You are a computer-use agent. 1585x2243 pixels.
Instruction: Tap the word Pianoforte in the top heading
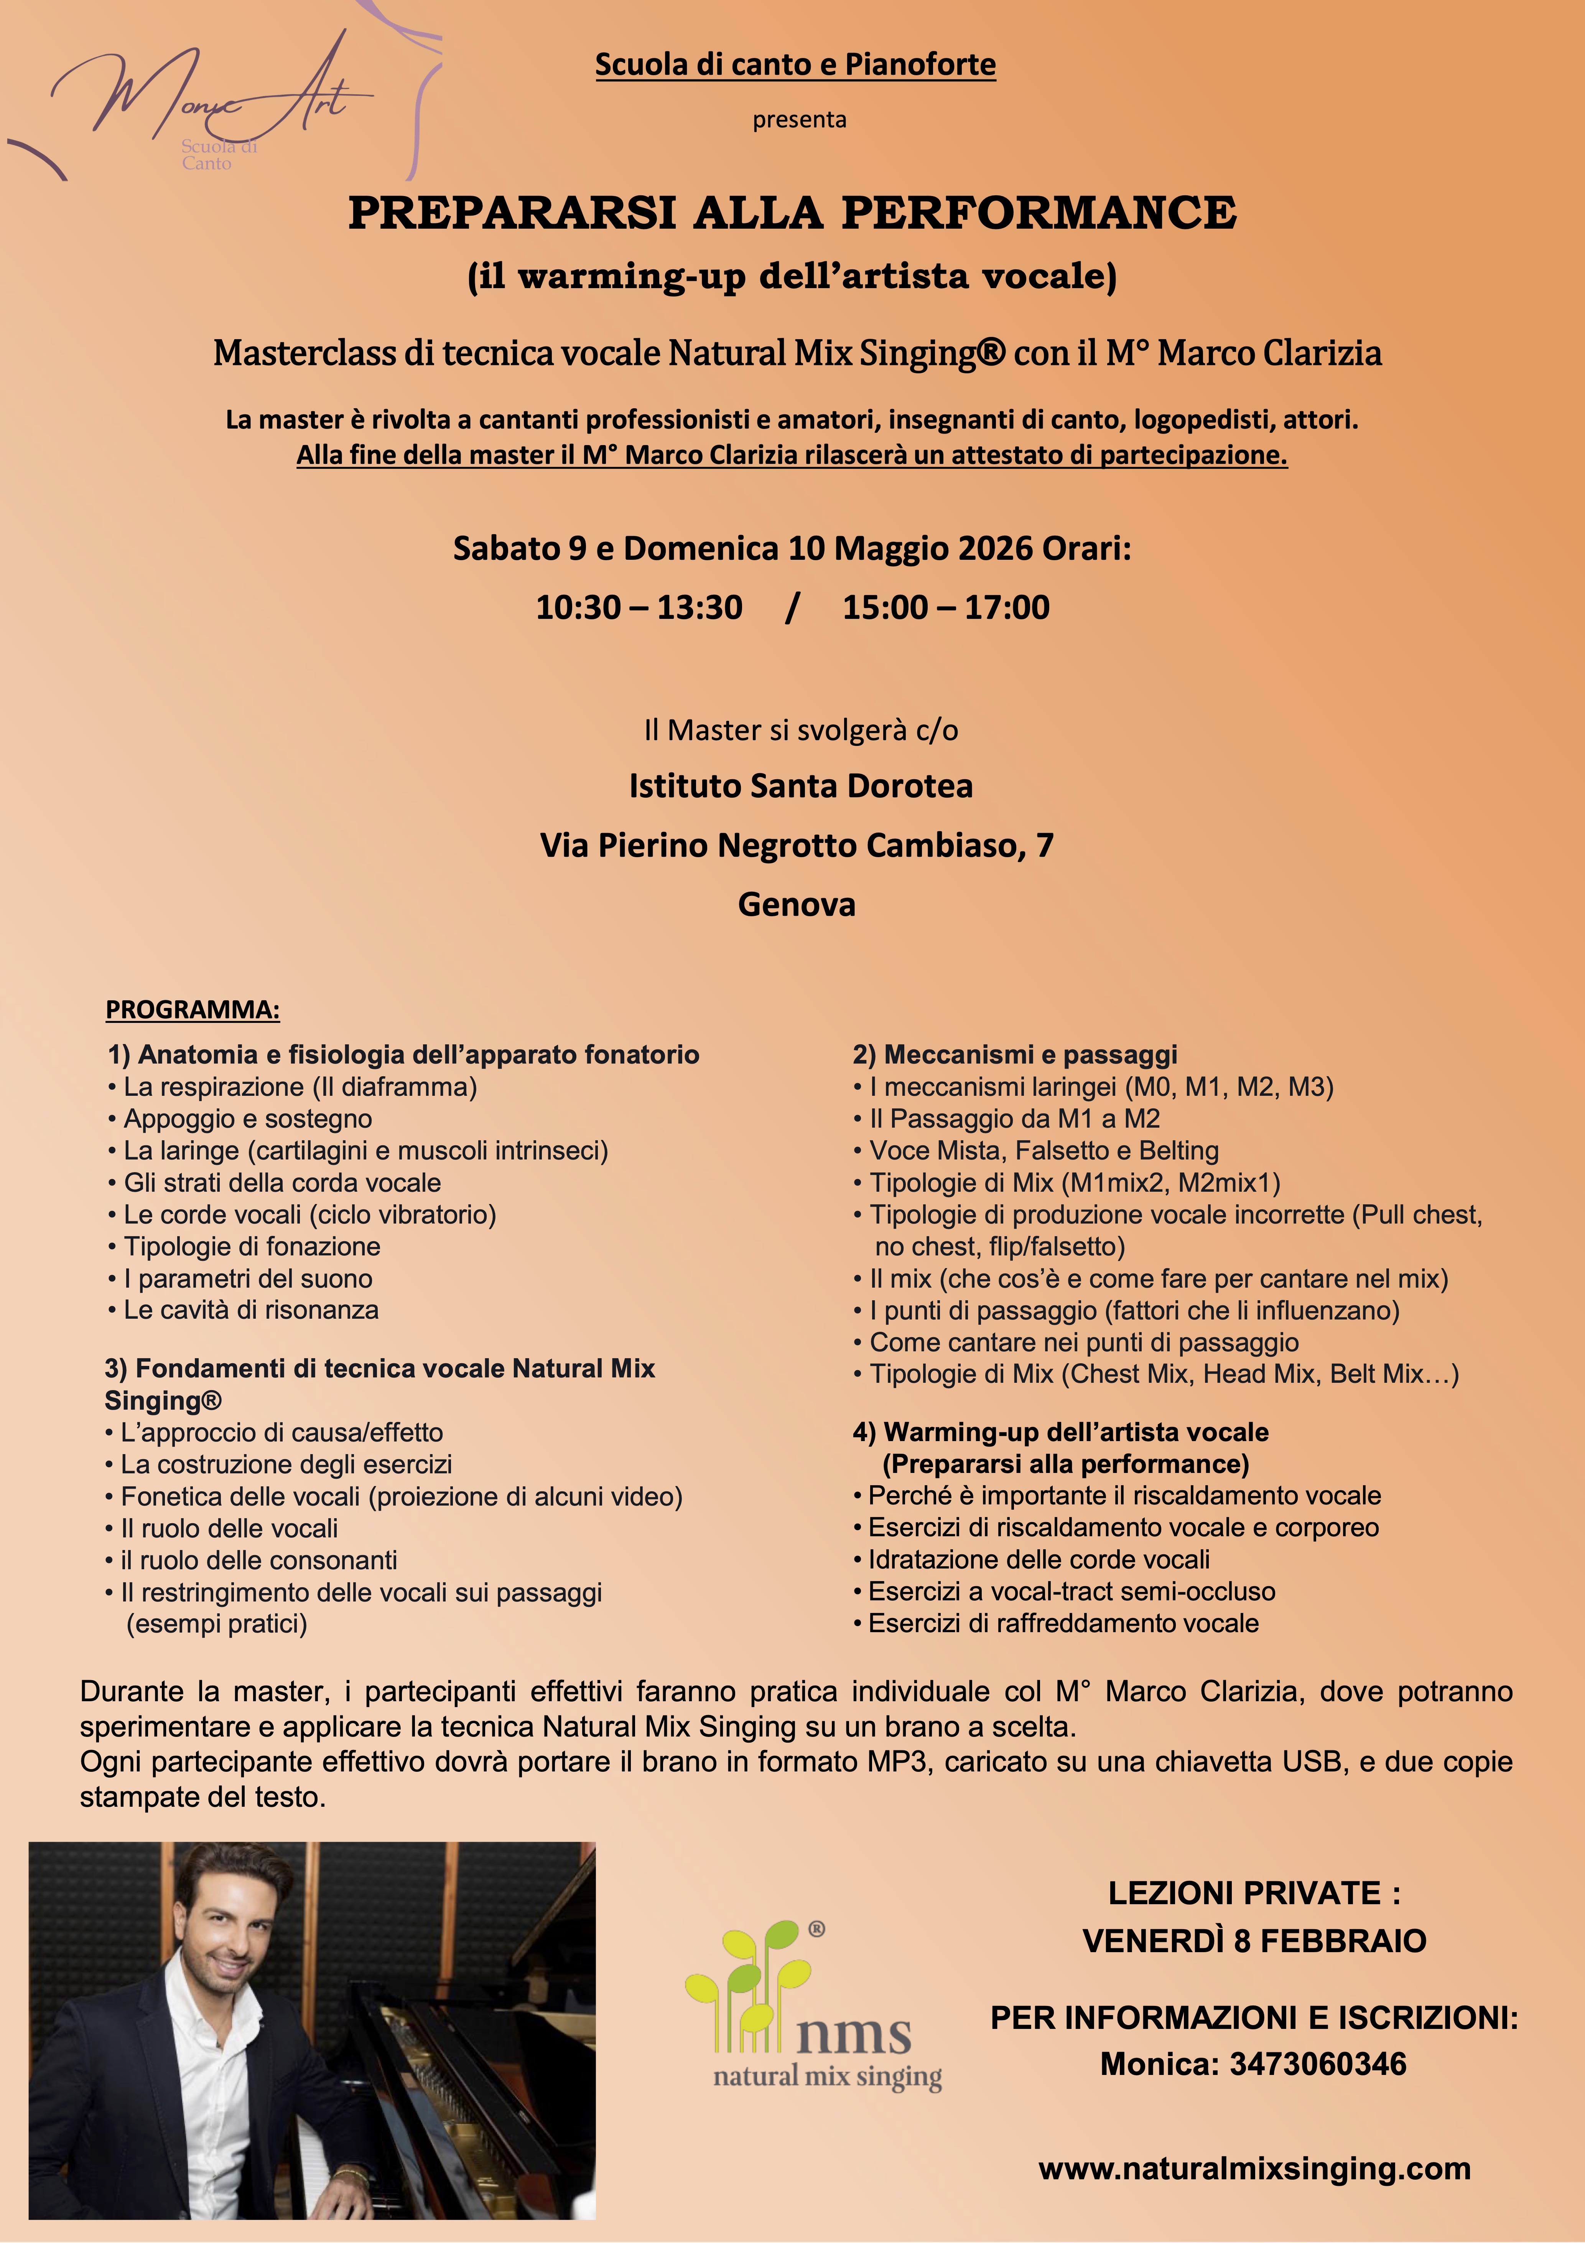pyautogui.click(x=920, y=64)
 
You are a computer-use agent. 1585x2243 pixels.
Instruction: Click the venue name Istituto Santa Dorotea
pyautogui.click(x=800, y=787)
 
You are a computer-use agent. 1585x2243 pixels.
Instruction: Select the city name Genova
pyautogui.click(x=796, y=905)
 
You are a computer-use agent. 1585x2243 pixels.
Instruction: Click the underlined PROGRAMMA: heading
pyautogui.click(x=193, y=1010)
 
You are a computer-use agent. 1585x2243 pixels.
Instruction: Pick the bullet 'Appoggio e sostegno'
pyautogui.click(x=247, y=1118)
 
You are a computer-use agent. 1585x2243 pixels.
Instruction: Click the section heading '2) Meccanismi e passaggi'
pyautogui.click(x=1015, y=1055)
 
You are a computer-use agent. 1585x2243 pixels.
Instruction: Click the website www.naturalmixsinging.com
pyautogui.click(x=1254, y=2169)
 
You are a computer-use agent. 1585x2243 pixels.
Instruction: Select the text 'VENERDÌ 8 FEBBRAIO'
pyautogui.click(x=1254, y=1941)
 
